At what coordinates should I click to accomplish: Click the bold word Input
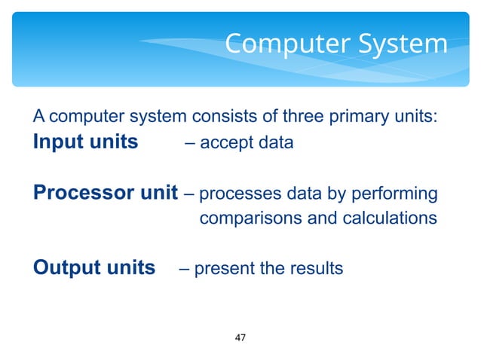tap(58, 142)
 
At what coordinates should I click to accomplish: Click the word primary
tap(345, 117)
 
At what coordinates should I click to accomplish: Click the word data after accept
tap(275, 143)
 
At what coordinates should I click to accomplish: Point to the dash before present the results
tap(183, 269)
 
